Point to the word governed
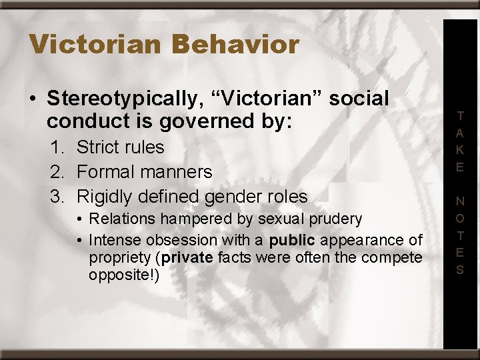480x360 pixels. click(x=237, y=123)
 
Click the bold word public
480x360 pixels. click(x=293, y=240)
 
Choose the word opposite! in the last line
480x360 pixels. click(x=124, y=275)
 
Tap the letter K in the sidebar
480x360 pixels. click(x=461, y=150)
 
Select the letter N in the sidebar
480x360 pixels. click(x=461, y=201)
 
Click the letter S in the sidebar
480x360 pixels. click(x=461, y=270)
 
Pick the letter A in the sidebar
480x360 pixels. click(x=461, y=133)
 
